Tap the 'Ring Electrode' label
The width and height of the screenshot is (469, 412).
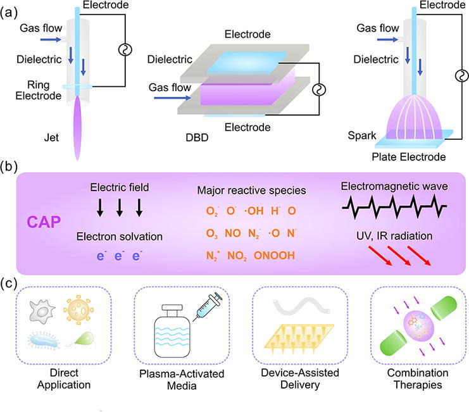coord(35,91)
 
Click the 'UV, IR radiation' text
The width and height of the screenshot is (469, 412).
coord(394,235)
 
